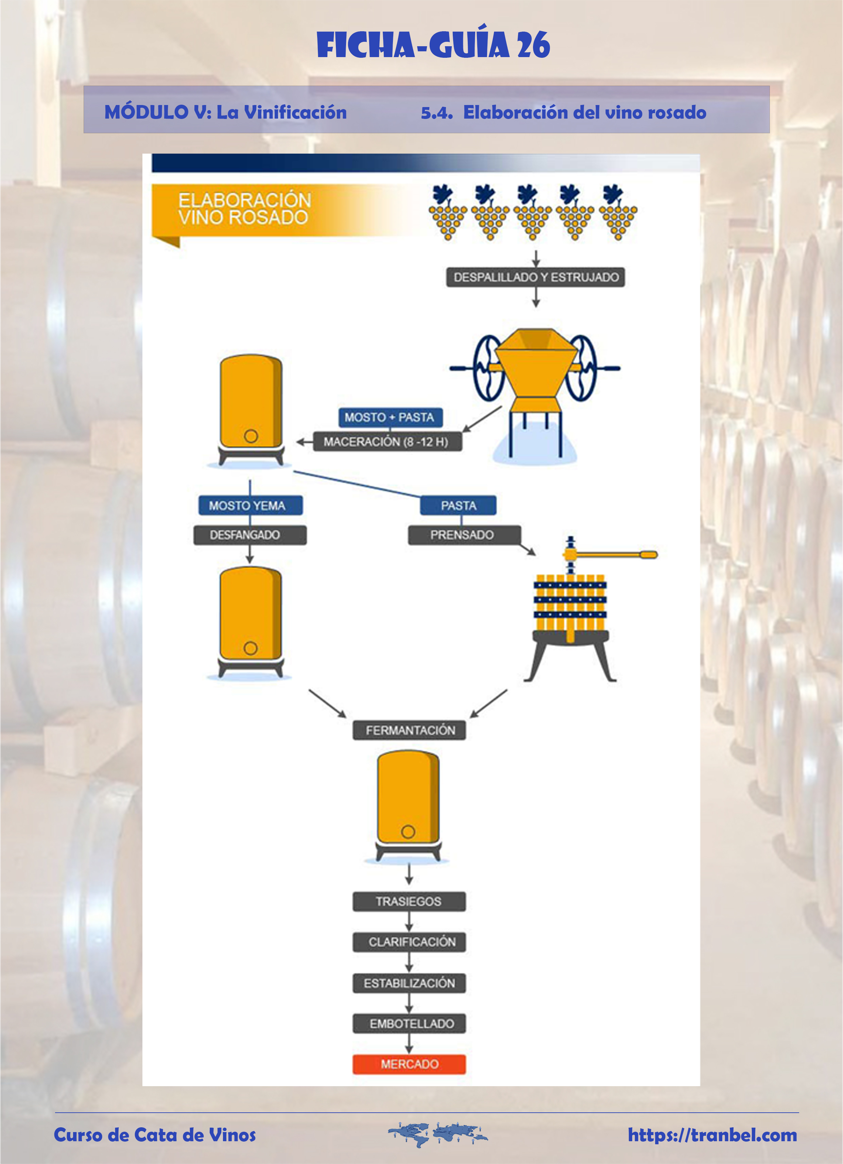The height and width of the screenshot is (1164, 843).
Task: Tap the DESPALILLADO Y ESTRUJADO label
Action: (535, 277)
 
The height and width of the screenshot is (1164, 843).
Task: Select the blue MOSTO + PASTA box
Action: (390, 417)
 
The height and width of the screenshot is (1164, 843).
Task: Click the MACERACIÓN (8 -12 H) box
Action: (387, 441)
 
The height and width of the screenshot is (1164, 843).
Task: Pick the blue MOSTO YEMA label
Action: (250, 505)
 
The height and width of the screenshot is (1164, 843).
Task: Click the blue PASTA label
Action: (458, 505)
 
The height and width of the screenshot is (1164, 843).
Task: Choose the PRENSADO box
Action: (464, 535)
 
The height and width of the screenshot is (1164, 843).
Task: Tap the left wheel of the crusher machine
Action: (488, 368)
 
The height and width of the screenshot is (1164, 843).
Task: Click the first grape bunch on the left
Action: (448, 212)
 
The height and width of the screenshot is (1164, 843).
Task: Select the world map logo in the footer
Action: (437, 1135)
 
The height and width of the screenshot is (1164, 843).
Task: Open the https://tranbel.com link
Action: (712, 1135)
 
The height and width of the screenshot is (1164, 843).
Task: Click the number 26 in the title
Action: (533, 45)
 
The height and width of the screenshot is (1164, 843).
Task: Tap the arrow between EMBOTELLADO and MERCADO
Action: (409, 1043)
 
